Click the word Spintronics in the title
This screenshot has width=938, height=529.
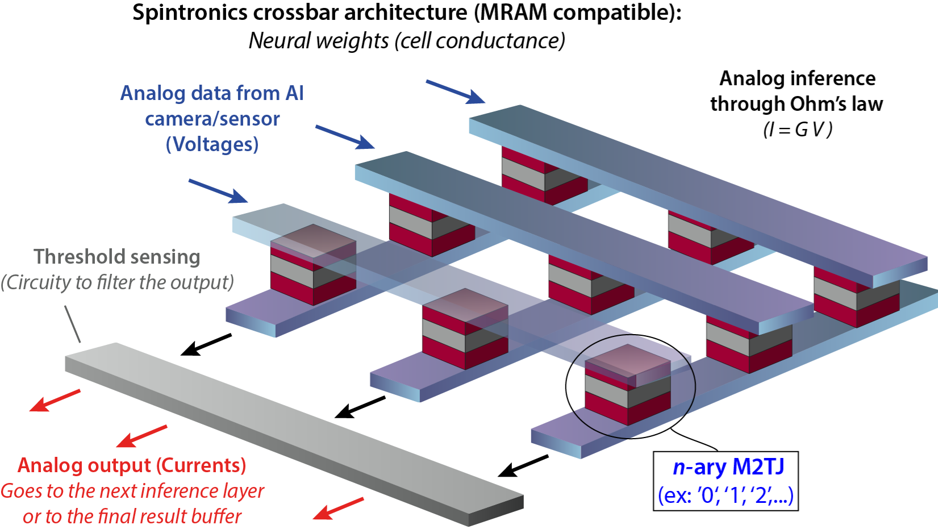pos(190,13)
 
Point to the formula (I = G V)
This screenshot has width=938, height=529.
pos(798,130)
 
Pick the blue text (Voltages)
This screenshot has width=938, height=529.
pos(212,144)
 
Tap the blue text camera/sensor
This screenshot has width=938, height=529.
pos(212,119)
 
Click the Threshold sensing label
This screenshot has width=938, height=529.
pos(117,257)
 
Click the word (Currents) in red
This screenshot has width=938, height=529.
pos(201,465)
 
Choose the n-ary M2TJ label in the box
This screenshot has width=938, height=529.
pos(728,466)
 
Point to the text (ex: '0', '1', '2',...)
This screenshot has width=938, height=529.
pos(726,495)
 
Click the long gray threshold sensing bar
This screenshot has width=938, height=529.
pos(294,434)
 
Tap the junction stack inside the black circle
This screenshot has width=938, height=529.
pos(628,385)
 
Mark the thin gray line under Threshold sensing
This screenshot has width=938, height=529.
pos(73,324)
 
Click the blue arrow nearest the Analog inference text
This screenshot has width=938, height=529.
pos(456,91)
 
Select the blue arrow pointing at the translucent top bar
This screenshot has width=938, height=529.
pos(218,191)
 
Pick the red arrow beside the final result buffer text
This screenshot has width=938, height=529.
pos(339,509)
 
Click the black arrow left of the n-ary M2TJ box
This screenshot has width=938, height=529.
pos(523,466)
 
